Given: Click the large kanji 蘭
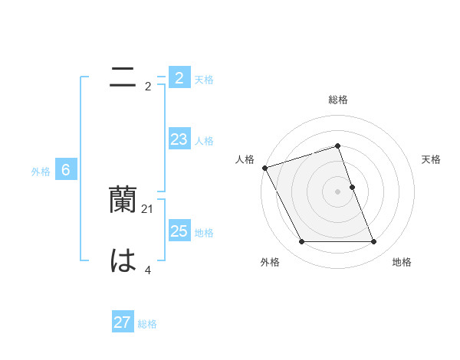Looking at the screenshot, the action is (123, 200).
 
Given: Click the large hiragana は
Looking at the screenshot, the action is (123, 261).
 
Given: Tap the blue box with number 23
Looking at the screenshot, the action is (179, 139).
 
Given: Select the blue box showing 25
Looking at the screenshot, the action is (179, 231).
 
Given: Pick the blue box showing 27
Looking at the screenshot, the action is (123, 322).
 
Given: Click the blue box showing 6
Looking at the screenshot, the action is (66, 170).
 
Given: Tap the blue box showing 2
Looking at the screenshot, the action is (179, 78).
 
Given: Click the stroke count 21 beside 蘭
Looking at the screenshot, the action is (148, 208).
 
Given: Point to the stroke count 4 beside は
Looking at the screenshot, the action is (148, 270).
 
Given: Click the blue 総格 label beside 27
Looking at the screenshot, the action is (147, 324).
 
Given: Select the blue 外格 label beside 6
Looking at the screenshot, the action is (41, 172).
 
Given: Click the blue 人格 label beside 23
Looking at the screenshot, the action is (204, 141).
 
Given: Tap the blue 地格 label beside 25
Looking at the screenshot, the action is (204, 233).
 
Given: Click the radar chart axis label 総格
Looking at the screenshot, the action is (338, 100).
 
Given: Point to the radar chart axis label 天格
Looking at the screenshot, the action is (431, 159).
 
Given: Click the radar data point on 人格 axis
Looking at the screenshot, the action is (264, 168).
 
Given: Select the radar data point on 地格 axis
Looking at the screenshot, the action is (374, 242).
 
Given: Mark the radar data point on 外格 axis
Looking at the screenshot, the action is (301, 242).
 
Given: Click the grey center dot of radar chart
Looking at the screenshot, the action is (338, 191).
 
